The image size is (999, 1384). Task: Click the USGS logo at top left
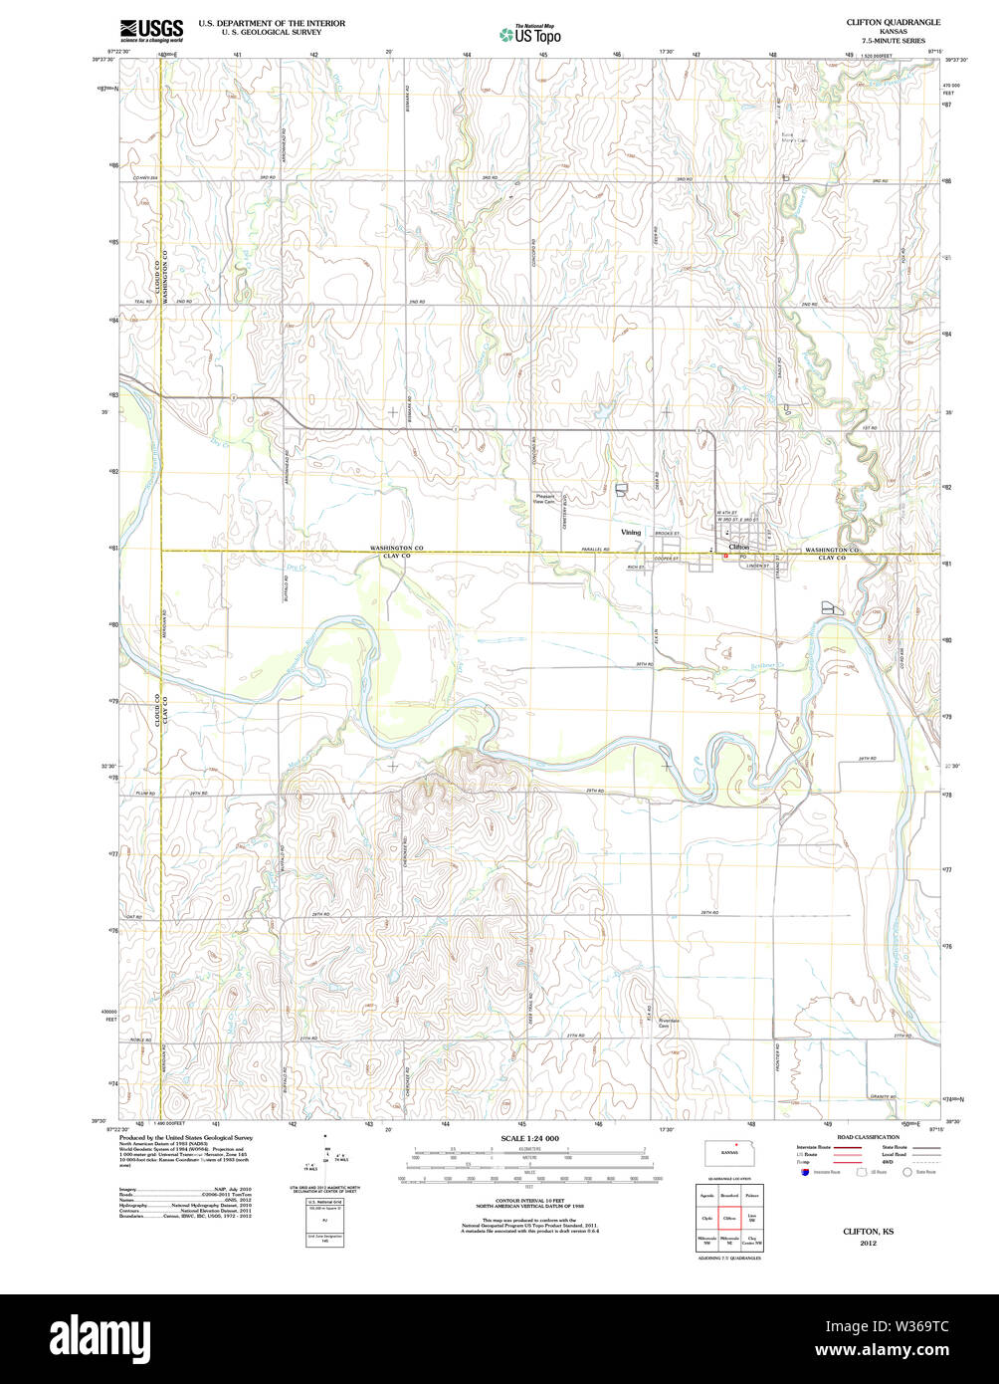pyautogui.click(x=150, y=30)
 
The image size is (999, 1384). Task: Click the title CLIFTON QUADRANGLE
pyautogui.click(x=879, y=21)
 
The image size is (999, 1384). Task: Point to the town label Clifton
pyautogui.click(x=738, y=547)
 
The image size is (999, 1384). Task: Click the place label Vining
pyautogui.click(x=631, y=533)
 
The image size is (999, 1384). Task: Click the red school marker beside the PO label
pyautogui.click(x=726, y=557)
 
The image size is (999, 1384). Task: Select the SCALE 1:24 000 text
pyautogui.click(x=529, y=1138)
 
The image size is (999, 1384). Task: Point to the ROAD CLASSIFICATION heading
pyautogui.click(x=868, y=1137)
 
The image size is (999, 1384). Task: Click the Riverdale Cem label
pyautogui.click(x=668, y=1024)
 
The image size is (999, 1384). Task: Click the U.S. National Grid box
pyautogui.click(x=324, y=1203)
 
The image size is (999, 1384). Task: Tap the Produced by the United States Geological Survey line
pyautogui.click(x=186, y=1137)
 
